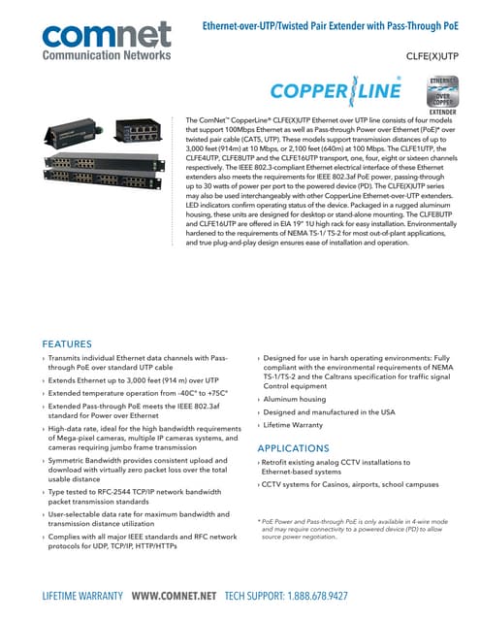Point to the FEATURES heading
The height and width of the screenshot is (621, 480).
[80, 343]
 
